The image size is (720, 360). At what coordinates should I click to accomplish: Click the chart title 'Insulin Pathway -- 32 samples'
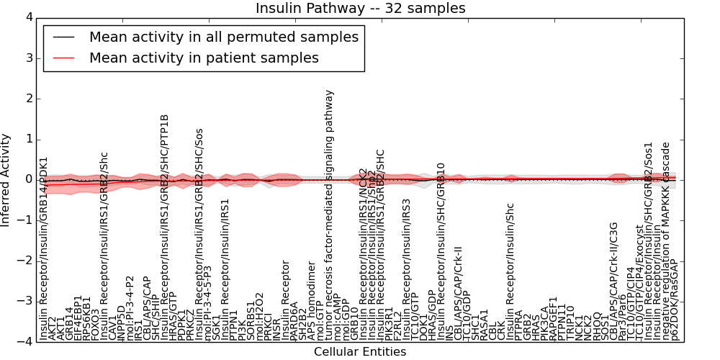[360, 9]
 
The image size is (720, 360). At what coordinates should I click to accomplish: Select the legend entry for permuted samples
[223, 37]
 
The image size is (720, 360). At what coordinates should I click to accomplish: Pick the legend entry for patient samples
[204, 58]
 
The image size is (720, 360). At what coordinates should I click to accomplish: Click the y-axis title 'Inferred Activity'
[6, 179]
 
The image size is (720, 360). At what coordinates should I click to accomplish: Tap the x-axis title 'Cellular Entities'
[360, 351]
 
